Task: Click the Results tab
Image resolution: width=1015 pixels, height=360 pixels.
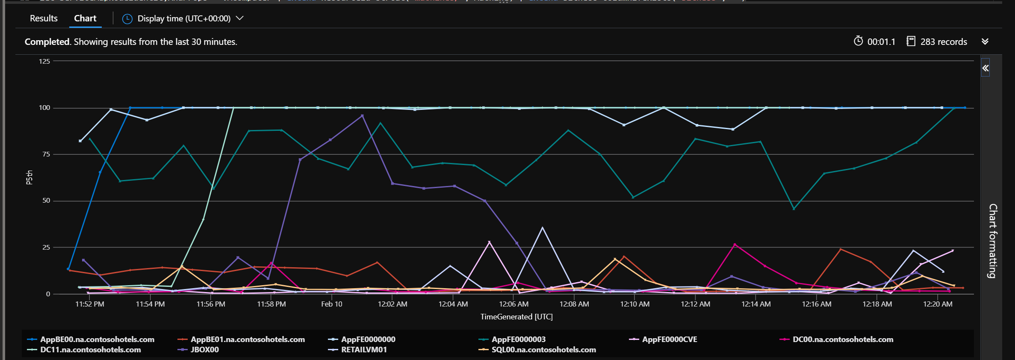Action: pyautogui.click(x=44, y=18)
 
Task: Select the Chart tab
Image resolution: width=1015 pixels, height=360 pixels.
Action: pyautogui.click(x=85, y=18)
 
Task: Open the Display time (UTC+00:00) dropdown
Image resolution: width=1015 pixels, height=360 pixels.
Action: pyautogui.click(x=183, y=18)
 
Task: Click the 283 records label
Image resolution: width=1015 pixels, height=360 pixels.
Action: pyautogui.click(x=943, y=42)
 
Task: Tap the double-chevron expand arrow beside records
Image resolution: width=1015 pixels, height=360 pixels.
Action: pyautogui.click(x=985, y=41)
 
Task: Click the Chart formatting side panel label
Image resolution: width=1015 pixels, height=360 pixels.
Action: pyautogui.click(x=993, y=241)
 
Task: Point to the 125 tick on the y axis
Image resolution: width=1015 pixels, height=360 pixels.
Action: pyautogui.click(x=44, y=61)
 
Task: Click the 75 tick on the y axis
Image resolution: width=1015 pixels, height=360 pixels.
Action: pyautogui.click(x=46, y=154)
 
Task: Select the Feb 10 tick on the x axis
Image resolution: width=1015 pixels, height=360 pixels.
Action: pyautogui.click(x=331, y=304)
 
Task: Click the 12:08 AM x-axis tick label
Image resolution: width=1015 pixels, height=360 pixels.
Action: pyautogui.click(x=574, y=304)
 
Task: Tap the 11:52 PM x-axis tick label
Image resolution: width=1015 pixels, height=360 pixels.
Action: pyautogui.click(x=89, y=304)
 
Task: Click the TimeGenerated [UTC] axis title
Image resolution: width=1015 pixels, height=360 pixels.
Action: pyautogui.click(x=516, y=317)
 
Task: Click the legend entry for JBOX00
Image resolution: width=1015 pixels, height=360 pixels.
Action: pyautogui.click(x=204, y=350)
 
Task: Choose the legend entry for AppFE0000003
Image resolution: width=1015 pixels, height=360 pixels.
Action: pyautogui.click(x=518, y=339)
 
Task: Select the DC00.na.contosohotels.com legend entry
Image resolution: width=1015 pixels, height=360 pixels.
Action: pyautogui.click(x=842, y=339)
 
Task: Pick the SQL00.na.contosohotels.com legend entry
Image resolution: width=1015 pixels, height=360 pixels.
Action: pyautogui.click(x=543, y=350)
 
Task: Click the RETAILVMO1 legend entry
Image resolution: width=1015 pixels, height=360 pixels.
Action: pyautogui.click(x=364, y=350)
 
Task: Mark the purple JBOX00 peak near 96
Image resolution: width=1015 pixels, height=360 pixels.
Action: pyautogui.click(x=363, y=115)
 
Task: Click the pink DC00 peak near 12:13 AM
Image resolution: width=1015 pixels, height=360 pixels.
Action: pyautogui.click(x=735, y=245)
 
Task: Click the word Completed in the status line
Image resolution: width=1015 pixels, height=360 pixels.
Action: pyautogui.click(x=47, y=42)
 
